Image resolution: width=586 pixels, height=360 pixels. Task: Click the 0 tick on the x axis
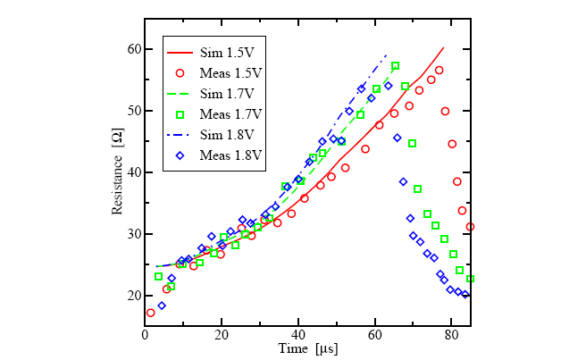tap(145, 334)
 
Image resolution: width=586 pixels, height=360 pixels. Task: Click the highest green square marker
tap(396, 66)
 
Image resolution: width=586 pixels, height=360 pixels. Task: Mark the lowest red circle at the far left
tap(150, 313)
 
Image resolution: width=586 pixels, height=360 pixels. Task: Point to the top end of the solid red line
tap(443, 48)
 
